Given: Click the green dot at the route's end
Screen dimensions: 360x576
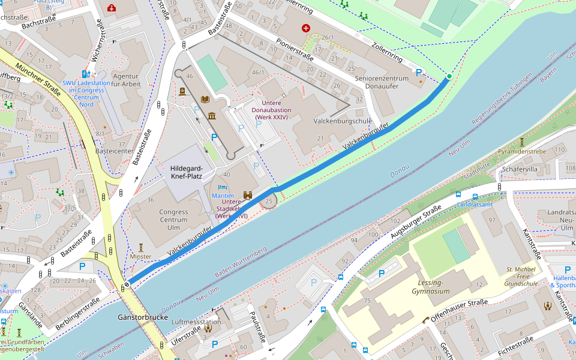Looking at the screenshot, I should click(449, 76).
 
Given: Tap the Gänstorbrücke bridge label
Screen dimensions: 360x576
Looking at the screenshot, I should click(143, 316).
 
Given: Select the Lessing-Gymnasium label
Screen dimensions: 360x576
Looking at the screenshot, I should click(430, 287).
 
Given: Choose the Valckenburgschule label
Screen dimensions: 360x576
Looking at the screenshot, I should click(343, 121).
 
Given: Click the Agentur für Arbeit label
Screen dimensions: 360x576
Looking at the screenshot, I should click(126, 80).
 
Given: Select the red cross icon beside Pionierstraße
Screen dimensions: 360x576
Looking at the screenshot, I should click(306, 28).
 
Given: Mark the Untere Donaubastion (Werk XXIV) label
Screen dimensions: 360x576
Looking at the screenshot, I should click(271, 110).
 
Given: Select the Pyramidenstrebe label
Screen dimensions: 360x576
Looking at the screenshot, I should click(522, 151).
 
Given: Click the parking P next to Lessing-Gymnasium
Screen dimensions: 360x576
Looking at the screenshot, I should click(382, 274).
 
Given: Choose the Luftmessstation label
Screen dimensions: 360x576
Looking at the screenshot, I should click(196, 322).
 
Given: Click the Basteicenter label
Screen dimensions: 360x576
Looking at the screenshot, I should click(114, 151).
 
